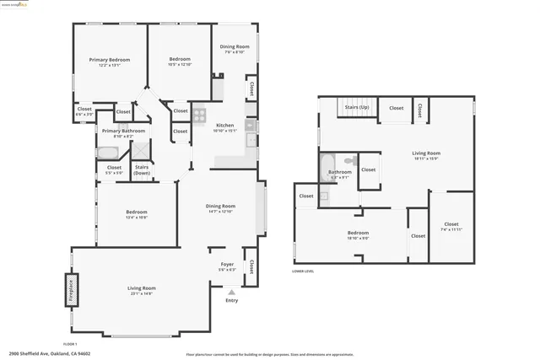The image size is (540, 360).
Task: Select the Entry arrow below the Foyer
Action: pyautogui.click(x=231, y=292)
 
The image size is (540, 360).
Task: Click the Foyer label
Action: pyautogui.click(x=227, y=264)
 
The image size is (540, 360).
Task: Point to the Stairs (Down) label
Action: pyautogui.click(x=142, y=169)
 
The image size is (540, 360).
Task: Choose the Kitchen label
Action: pyautogui.click(x=224, y=126)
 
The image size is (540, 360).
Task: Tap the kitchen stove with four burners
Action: pyautogui.click(x=199, y=116)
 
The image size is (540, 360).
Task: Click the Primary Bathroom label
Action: pyautogui.click(x=123, y=131)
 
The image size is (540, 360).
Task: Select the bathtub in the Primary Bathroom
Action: pyautogui.click(x=107, y=153)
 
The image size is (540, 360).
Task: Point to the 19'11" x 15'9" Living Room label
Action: pyautogui.click(x=426, y=153)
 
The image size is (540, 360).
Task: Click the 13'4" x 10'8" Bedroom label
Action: pyautogui.click(x=137, y=212)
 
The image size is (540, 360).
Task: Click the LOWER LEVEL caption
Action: pyautogui.click(x=303, y=271)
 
